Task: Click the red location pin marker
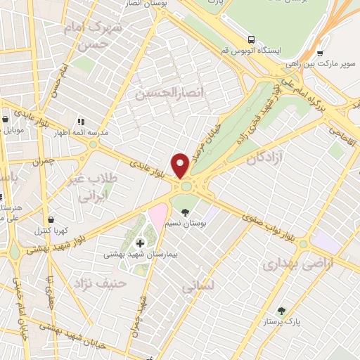(x=181, y=165)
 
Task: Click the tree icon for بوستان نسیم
(x=185, y=212)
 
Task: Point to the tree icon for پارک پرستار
(x=282, y=311)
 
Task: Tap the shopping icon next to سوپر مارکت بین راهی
(x=320, y=52)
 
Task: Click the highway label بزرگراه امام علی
(x=310, y=98)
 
